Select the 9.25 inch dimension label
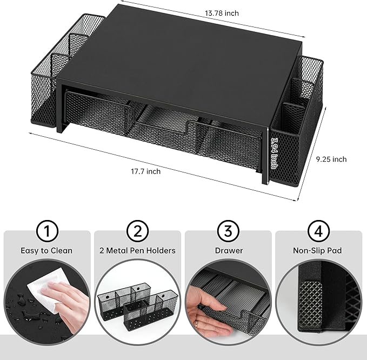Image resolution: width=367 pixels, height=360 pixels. [x=331, y=159]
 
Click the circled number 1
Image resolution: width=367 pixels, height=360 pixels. [x=46, y=231]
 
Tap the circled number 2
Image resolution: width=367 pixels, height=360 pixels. [x=138, y=231]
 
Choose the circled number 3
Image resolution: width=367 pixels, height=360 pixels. [x=228, y=231]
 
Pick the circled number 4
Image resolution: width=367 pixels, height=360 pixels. [x=318, y=231]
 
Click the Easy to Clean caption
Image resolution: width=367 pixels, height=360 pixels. [x=46, y=251]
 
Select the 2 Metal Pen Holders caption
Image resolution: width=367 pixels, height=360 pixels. [x=138, y=251]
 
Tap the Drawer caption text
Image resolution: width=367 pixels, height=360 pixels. [x=229, y=251]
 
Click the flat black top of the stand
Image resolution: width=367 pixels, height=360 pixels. [x=178, y=59]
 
